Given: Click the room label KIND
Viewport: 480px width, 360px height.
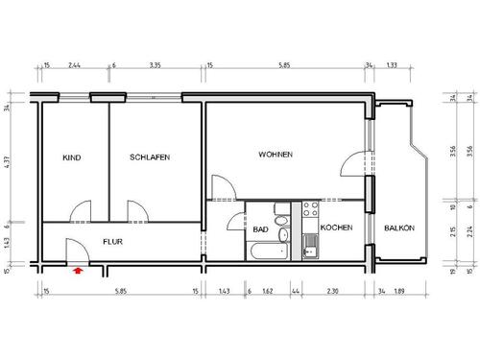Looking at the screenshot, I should pos(70,156).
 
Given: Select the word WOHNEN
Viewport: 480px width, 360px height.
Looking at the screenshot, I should pos(275,155).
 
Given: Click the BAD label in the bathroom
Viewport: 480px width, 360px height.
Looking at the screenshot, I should pos(259,229).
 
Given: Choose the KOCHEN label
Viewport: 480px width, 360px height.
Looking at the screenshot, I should pos(337,228).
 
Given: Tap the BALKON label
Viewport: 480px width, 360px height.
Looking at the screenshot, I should pos(399,228).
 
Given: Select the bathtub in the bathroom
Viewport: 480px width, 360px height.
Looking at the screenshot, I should pos(268,251).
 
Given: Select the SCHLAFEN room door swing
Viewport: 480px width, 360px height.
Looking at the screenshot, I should pos(135,208).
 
